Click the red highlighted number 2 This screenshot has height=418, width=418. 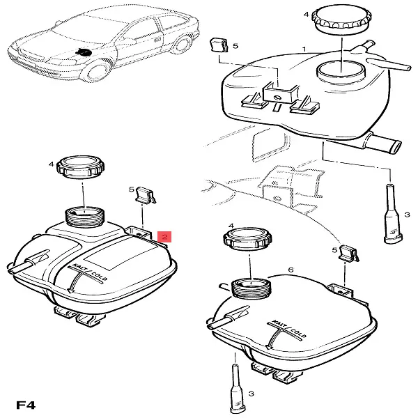pyautogui.click(x=164, y=237)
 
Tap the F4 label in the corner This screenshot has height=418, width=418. pyautogui.click(x=26, y=405)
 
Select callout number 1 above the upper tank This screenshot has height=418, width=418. pyautogui.click(x=304, y=49)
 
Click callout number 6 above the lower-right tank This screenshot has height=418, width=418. pyautogui.click(x=291, y=270)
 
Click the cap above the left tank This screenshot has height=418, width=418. pyautogui.click(x=81, y=167)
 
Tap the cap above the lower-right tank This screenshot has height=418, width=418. pyautogui.click(x=247, y=238)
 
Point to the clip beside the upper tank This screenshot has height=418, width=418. pyautogui.click(x=219, y=45)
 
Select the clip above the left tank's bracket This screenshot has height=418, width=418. pyautogui.click(x=146, y=195)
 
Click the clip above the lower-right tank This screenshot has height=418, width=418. pyautogui.click(x=349, y=254)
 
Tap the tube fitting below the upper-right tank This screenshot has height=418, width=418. pyautogui.click(x=392, y=214)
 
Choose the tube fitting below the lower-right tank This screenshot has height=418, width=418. pyautogui.click(x=238, y=391)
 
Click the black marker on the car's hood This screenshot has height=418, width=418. pyautogui.click(x=84, y=52)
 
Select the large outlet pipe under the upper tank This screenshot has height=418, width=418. pyautogui.click(x=383, y=142)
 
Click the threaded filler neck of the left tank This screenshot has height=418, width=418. pyautogui.click(x=85, y=217)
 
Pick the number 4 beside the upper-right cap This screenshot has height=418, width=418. pyautogui.click(x=306, y=14)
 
